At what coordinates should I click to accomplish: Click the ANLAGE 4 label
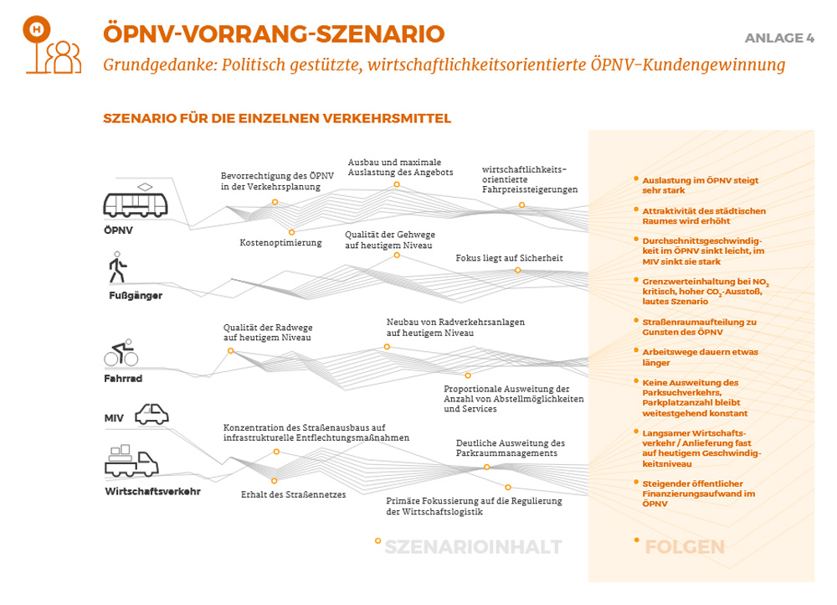click(x=779, y=39)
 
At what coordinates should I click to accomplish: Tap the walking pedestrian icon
click(x=117, y=267)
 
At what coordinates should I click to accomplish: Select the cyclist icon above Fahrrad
click(x=121, y=354)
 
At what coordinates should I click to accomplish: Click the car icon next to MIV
click(x=151, y=413)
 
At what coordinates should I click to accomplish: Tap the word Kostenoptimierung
click(x=280, y=243)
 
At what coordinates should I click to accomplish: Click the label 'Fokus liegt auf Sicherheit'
click(x=509, y=258)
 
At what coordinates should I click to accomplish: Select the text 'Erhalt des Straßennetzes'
click(x=293, y=494)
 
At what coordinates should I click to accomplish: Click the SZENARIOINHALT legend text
click(x=473, y=547)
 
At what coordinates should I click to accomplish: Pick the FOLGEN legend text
click(x=684, y=547)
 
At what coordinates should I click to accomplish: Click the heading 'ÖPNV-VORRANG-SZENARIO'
click(x=273, y=34)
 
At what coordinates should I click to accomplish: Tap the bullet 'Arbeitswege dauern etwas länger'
click(x=700, y=358)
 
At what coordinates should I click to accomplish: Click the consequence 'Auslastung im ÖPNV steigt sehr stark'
click(x=700, y=185)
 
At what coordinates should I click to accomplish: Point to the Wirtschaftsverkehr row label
click(x=152, y=491)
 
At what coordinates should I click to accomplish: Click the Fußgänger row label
click(x=136, y=296)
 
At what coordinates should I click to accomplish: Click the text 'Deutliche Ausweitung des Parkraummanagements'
click(x=510, y=447)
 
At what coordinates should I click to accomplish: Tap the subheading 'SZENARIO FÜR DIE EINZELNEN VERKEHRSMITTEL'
click(x=277, y=118)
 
